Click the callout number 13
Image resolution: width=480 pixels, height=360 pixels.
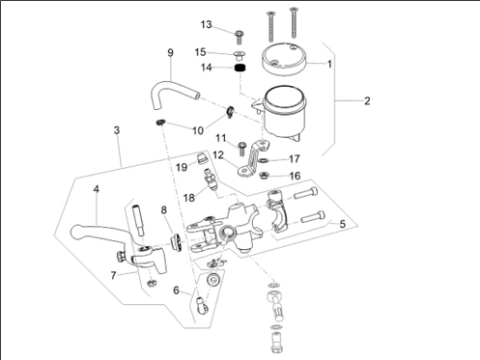pos(207,24)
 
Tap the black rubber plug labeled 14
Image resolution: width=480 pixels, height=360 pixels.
pos(240,68)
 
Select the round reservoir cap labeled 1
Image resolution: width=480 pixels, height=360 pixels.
pos(284,58)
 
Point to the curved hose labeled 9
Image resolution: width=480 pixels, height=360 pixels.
pos(172,93)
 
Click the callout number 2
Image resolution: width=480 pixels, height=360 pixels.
pos(367,101)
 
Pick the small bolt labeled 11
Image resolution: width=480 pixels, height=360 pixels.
pos(241,148)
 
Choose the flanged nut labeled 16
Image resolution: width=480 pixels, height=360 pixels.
pos(264,176)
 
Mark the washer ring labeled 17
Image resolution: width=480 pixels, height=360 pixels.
pos(263,160)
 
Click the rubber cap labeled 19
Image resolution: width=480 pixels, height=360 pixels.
pos(202,157)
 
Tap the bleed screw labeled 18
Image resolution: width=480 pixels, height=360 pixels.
pos(212,180)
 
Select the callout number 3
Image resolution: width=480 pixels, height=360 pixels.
pos(117,130)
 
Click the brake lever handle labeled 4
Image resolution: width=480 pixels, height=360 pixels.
pos(97,230)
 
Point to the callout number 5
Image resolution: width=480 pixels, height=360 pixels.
pos(343,224)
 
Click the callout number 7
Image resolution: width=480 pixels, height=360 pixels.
pos(113,276)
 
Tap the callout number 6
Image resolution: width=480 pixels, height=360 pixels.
pos(176,291)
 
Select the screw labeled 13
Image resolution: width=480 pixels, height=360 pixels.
pos(240,38)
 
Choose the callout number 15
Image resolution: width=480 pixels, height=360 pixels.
pos(200,52)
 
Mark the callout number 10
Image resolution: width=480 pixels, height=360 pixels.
pos(198,130)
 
